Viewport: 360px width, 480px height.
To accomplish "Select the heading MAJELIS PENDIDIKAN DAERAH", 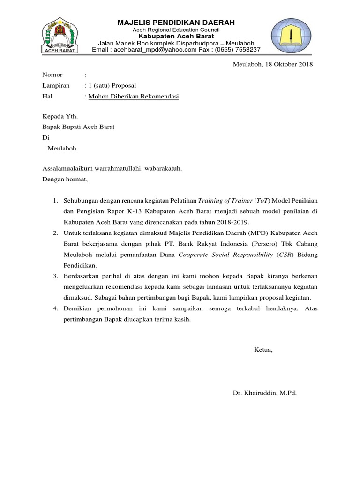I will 176,22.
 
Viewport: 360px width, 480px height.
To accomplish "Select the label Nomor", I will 52,75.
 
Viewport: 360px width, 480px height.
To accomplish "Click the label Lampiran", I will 56,86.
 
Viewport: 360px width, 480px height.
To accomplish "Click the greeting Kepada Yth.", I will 60,116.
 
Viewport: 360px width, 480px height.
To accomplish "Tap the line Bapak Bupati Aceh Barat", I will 78,127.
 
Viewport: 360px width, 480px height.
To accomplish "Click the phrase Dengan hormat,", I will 65,179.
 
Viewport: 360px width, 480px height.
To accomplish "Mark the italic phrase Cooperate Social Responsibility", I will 225,255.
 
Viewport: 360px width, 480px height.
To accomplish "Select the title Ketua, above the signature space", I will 263,350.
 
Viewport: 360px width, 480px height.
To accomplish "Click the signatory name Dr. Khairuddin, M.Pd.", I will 265,393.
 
